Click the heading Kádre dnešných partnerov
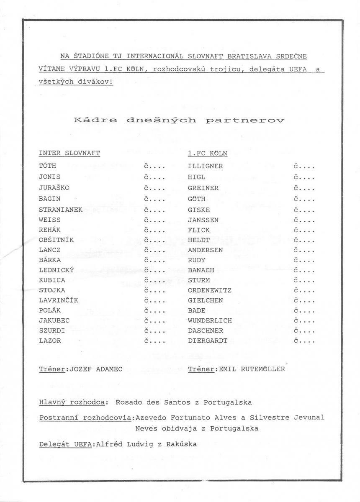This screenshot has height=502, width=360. pyautogui.click(x=179, y=120)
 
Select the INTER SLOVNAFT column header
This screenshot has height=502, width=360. pyautogui.click(x=69, y=153)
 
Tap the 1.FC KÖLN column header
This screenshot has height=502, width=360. pyautogui.click(x=208, y=153)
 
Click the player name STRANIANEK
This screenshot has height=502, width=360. pyautogui.click(x=60, y=210)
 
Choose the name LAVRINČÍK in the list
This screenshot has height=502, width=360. pyautogui.click(x=58, y=300)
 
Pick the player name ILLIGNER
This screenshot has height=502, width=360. pyautogui.click(x=205, y=166)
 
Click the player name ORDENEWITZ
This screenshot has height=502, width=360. pyautogui.click(x=210, y=290)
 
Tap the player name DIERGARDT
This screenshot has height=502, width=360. pyautogui.click(x=208, y=341)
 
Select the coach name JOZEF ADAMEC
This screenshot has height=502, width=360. pyautogui.click(x=95, y=369)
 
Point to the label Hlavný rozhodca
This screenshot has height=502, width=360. pyautogui.click(x=72, y=402)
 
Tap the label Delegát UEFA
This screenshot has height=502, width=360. pyautogui.click(x=65, y=444)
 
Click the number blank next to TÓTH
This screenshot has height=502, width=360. pyautogui.click(x=154, y=166)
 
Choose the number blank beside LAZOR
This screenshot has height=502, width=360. pyautogui.click(x=154, y=341)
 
